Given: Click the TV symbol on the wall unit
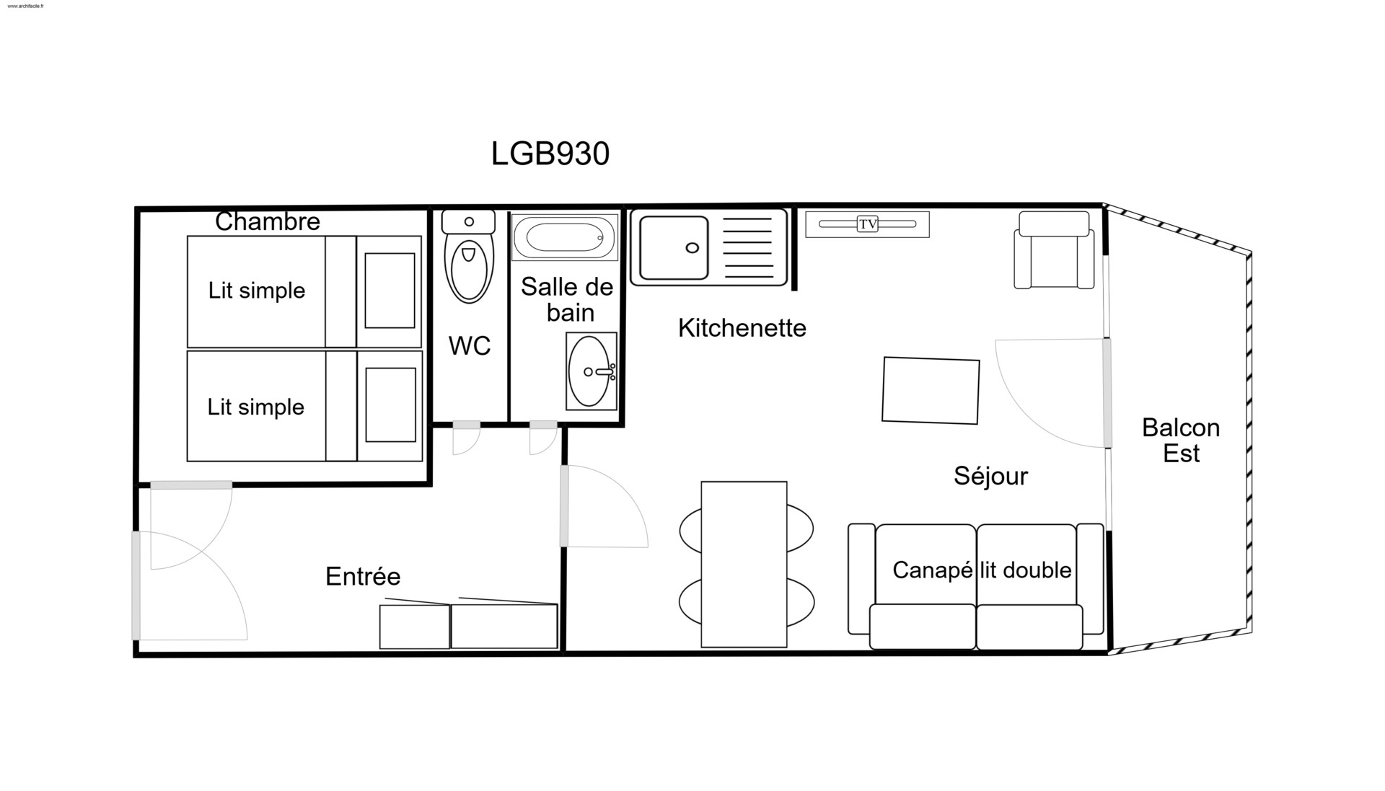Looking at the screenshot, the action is [x=868, y=224].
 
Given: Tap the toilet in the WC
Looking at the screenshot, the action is [x=469, y=256].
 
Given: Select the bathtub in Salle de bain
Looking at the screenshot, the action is [x=565, y=237].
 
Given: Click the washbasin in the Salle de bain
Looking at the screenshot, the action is [x=592, y=371].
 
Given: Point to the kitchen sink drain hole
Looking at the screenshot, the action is [x=692, y=248].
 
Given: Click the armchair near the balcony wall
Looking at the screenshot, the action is [x=1054, y=250].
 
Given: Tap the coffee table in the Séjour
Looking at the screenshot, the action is [x=931, y=390].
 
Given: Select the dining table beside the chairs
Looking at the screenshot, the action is [x=744, y=565].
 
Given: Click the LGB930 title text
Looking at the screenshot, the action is [x=550, y=154].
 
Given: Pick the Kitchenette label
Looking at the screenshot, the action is [x=742, y=328].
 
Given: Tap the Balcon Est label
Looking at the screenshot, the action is [x=1181, y=441].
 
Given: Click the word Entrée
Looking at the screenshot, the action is [x=363, y=576].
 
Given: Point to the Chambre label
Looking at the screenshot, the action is [x=268, y=221].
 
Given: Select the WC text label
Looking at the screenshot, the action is [x=470, y=346].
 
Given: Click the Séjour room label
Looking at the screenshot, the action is [x=990, y=476].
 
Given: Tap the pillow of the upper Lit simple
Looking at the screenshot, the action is [x=390, y=291].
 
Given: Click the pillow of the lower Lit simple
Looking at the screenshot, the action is [x=390, y=405].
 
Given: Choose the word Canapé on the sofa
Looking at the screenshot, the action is [x=933, y=570].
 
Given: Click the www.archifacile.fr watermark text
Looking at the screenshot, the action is [x=25, y=6].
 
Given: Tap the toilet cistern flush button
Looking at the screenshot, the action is [x=469, y=222].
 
